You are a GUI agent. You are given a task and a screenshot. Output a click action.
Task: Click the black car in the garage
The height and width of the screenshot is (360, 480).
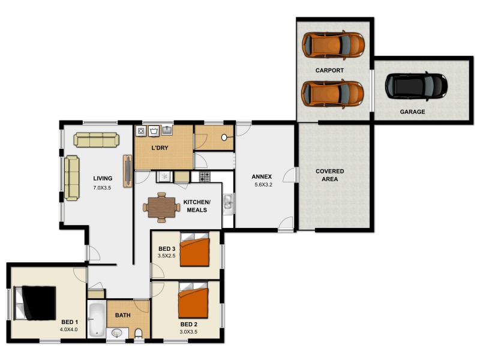pos(416,86)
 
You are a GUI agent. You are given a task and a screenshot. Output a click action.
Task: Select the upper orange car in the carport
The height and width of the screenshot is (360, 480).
pos(333,44)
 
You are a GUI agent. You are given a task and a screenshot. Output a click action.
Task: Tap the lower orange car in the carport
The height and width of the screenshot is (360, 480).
pos(333,93)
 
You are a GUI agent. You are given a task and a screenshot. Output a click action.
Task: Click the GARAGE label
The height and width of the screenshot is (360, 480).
pos(412,112)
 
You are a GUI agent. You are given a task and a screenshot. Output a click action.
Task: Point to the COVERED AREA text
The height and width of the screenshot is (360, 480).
pos(330,175)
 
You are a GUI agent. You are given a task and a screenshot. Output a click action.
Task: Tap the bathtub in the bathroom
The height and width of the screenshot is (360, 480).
pos(96,319)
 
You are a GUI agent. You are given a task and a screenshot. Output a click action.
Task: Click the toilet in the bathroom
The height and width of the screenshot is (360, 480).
pos(139,333)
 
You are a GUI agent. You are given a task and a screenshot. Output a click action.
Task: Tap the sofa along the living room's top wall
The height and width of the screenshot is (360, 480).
pos(96,140)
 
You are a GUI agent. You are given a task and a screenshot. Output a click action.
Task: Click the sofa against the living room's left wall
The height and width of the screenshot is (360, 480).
pos(71,178)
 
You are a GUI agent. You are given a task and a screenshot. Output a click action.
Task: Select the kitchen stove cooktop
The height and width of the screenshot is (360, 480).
pos(205,177)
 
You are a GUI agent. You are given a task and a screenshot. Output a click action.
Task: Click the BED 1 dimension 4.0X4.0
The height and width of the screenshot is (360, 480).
pos(69,329)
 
